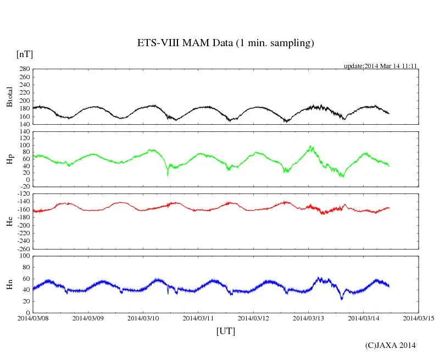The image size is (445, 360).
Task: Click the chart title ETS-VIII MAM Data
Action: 225,43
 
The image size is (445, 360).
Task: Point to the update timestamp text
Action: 381,66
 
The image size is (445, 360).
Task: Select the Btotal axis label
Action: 9,97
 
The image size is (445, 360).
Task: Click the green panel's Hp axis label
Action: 9,159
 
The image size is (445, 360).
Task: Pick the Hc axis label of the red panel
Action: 9,221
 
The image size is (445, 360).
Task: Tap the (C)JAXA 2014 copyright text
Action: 390,345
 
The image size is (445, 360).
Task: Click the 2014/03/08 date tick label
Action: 33,318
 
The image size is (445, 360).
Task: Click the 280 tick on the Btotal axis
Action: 24,69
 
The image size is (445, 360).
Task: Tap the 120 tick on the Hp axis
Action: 24,131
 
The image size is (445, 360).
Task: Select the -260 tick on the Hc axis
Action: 23,248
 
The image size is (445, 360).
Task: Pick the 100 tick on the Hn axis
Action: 24,256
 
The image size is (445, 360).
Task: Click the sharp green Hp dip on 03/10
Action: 168,175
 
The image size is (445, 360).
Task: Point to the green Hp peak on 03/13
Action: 311,146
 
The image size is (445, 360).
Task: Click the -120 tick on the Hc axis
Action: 23,194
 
